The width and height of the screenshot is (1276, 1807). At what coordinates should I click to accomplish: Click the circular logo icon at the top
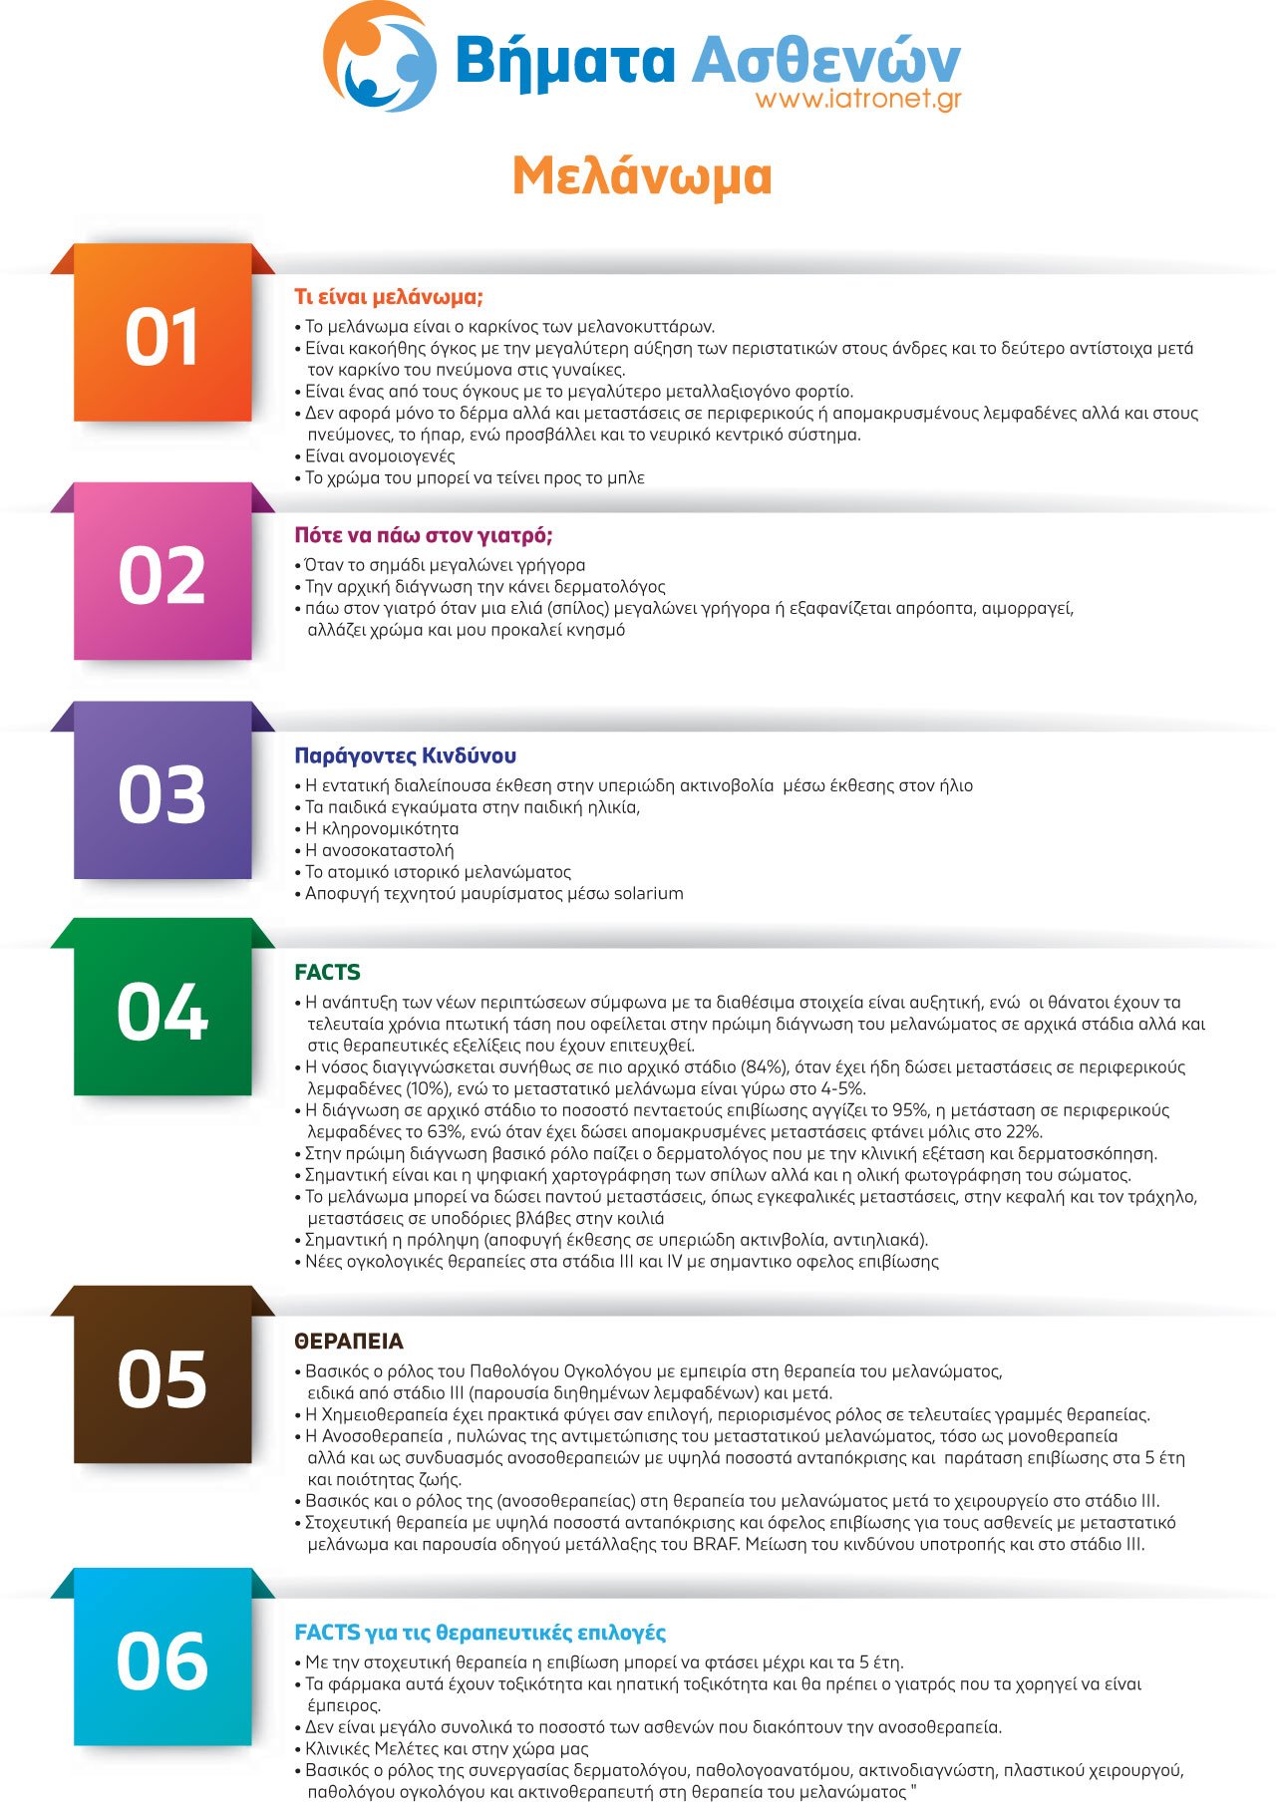pyautogui.click(x=380, y=57)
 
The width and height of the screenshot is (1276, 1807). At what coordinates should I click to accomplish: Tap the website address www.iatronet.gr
pyautogui.click(x=858, y=99)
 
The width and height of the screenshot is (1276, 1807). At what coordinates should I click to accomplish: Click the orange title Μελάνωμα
pyautogui.click(x=642, y=176)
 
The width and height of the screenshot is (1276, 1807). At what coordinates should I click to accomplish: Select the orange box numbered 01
pyautogui.click(x=162, y=336)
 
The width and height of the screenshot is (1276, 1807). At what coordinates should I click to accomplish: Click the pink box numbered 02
pyautogui.click(x=162, y=575)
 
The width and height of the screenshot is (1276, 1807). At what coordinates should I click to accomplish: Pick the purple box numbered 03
pyautogui.click(x=162, y=794)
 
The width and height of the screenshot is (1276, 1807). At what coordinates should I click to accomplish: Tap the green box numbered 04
pyautogui.click(x=162, y=1012)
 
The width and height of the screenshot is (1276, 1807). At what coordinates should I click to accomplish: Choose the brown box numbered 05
pyautogui.click(x=162, y=1379)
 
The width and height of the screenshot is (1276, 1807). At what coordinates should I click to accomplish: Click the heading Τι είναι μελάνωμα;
pyautogui.click(x=389, y=297)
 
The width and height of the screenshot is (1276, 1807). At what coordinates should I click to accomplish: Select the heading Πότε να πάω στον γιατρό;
pyautogui.click(x=424, y=535)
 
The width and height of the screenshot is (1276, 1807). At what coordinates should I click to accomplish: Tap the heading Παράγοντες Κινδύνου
pyautogui.click(x=405, y=755)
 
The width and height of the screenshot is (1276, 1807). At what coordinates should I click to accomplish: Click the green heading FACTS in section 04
pyautogui.click(x=327, y=972)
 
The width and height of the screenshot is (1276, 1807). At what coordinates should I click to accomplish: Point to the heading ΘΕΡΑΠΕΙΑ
pyautogui.click(x=349, y=1342)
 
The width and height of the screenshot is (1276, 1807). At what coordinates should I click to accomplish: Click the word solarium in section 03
pyautogui.click(x=648, y=893)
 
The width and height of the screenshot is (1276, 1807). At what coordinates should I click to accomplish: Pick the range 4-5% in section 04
pyautogui.click(x=835, y=1088)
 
